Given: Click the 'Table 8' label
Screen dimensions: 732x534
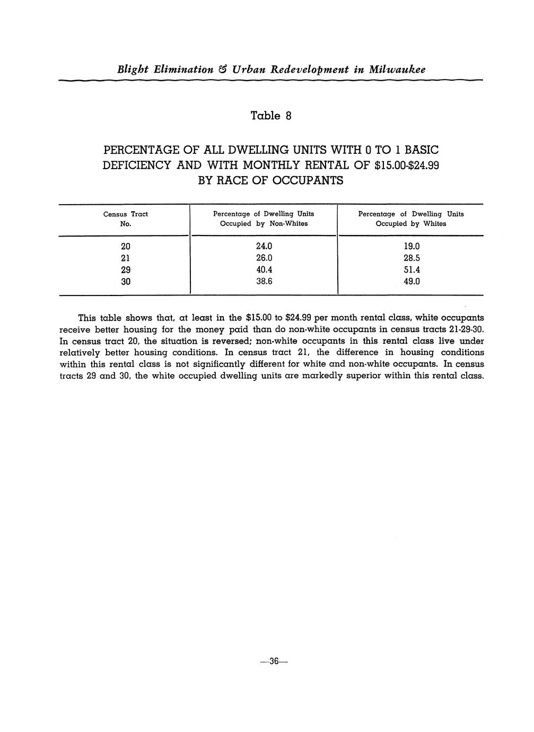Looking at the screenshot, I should pyautogui.click(x=270, y=116).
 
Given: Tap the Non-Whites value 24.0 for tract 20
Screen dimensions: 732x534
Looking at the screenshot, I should pyautogui.click(x=264, y=246).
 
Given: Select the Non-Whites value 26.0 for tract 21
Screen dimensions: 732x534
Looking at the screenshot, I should pyautogui.click(x=264, y=258).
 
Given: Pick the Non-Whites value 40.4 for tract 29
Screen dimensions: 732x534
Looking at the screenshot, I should pyautogui.click(x=264, y=269).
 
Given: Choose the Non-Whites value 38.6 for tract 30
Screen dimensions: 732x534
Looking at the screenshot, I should pyautogui.click(x=264, y=281).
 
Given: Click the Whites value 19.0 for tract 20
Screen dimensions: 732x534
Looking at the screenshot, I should pyautogui.click(x=411, y=246).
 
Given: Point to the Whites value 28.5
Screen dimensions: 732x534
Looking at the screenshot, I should pyautogui.click(x=411, y=258).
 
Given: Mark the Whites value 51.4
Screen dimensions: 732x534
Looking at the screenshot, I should pyautogui.click(x=411, y=269).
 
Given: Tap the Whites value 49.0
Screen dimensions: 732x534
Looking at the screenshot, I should pyautogui.click(x=411, y=281).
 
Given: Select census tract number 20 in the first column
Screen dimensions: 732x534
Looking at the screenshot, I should pyautogui.click(x=125, y=246).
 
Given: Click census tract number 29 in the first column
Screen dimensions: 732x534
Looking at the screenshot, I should pyautogui.click(x=125, y=269).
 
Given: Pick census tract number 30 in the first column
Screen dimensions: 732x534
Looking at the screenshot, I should pyautogui.click(x=125, y=281).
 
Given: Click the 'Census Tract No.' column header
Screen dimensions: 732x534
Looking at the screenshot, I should pyautogui.click(x=125, y=219).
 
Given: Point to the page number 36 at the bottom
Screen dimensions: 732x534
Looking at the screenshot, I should pyautogui.click(x=274, y=661).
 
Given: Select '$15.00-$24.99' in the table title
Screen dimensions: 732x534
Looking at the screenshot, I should pyautogui.click(x=407, y=165).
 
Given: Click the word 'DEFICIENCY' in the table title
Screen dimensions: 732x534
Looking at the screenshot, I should pyautogui.click(x=136, y=165).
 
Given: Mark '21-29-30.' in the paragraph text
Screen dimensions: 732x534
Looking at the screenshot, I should pyautogui.click(x=467, y=329).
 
